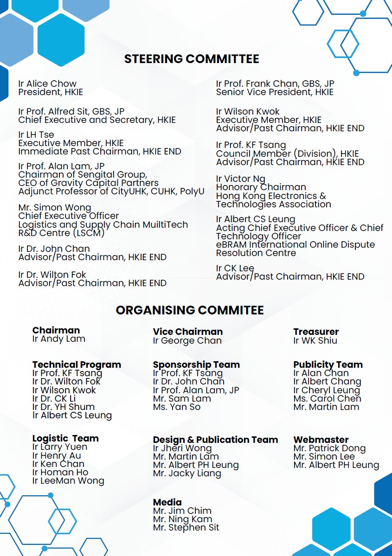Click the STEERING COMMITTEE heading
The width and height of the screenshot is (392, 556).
(192, 59)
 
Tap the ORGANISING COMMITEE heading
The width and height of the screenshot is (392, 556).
(190, 310)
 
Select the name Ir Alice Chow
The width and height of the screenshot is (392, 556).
(47, 84)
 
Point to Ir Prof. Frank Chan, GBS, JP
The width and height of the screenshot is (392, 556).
(275, 84)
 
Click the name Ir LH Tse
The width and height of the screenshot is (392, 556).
(36, 135)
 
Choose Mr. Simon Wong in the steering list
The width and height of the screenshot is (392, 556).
(55, 208)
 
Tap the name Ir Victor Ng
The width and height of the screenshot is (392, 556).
(241, 179)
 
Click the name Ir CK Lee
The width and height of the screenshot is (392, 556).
(235, 268)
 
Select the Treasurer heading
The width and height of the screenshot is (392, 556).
(316, 332)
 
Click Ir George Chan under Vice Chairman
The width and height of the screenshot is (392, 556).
(187, 340)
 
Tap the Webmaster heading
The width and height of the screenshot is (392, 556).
(321, 440)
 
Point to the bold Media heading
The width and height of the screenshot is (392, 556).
(167, 502)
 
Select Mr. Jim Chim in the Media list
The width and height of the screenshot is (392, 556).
(182, 511)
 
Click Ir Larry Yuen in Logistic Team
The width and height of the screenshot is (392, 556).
(60, 447)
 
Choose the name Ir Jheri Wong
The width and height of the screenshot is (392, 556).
(182, 448)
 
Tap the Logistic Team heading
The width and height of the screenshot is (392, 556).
(65, 438)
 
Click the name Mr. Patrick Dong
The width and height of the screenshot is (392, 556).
(329, 448)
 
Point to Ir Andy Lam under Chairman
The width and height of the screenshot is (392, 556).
(59, 339)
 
